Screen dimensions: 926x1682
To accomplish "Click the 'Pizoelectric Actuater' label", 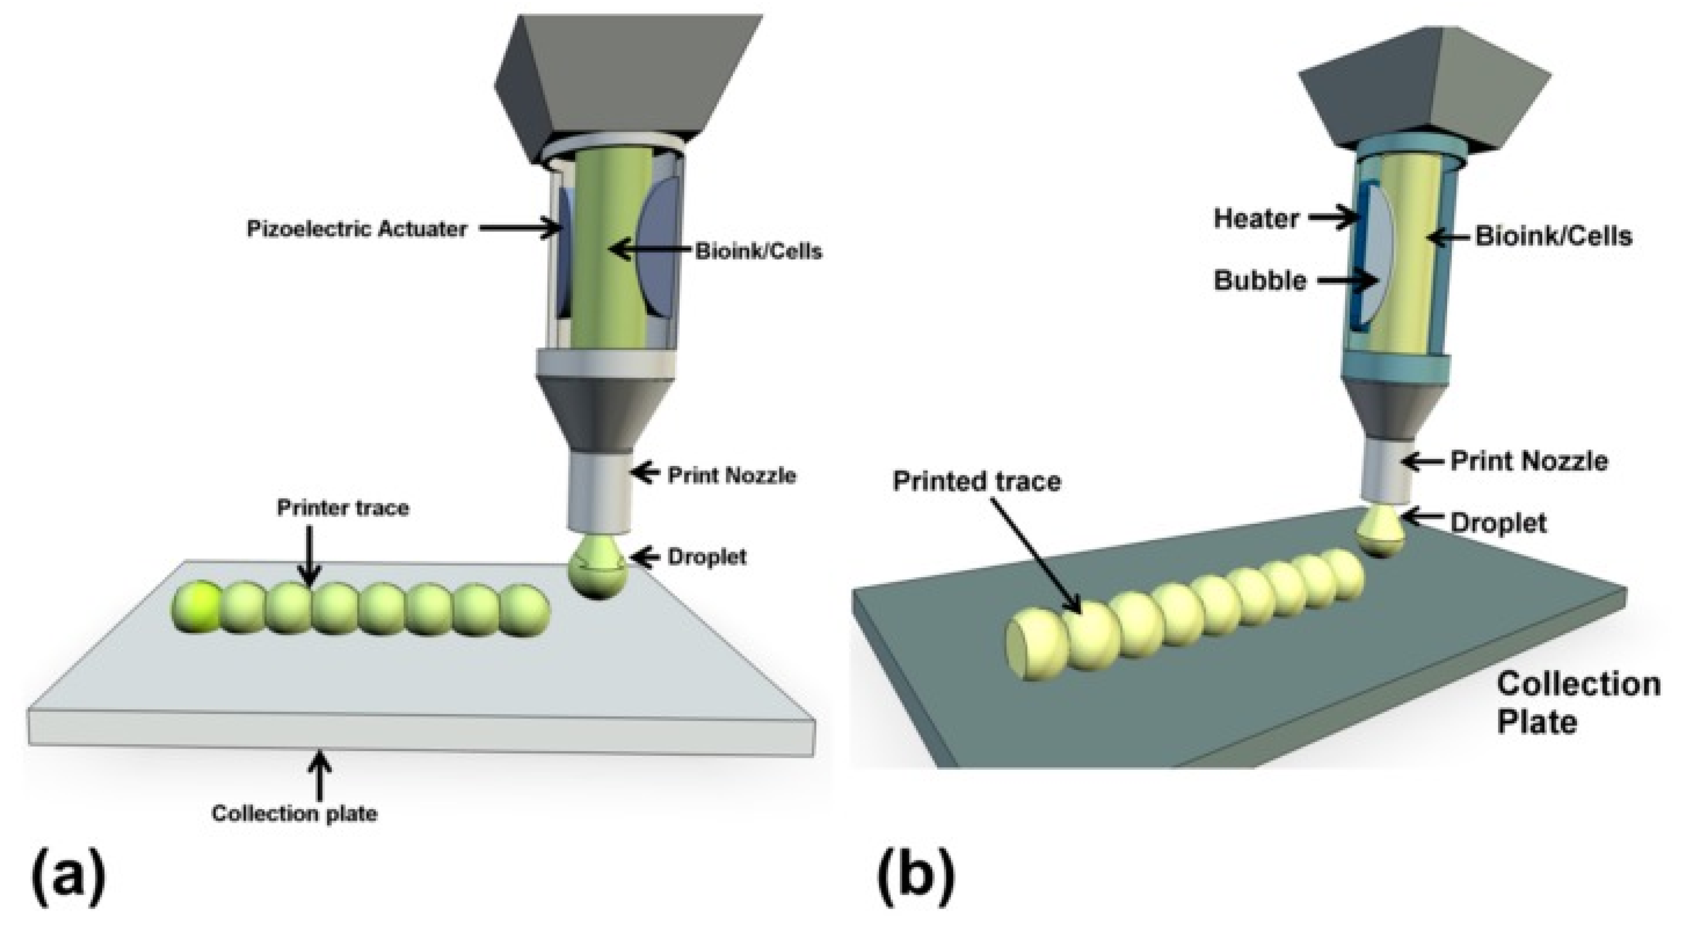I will [357, 229].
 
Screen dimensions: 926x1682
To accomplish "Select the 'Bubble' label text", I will [1260, 281].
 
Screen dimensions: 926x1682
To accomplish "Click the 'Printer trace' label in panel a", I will [343, 508].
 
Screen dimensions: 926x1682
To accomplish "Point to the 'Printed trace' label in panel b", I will [976, 481].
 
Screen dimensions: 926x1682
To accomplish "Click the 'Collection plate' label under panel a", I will [294, 814].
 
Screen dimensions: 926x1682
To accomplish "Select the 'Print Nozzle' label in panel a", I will [731, 475].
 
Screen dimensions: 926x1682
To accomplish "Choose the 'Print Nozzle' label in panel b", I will [1529, 461].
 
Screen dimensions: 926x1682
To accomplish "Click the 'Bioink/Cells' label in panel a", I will [757, 252].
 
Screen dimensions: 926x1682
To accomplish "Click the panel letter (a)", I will [68, 879].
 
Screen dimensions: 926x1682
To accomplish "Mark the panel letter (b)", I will [915, 879].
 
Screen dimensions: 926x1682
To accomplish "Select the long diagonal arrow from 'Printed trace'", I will [1036, 555].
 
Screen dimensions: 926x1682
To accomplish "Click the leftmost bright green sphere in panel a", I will [197, 607].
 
